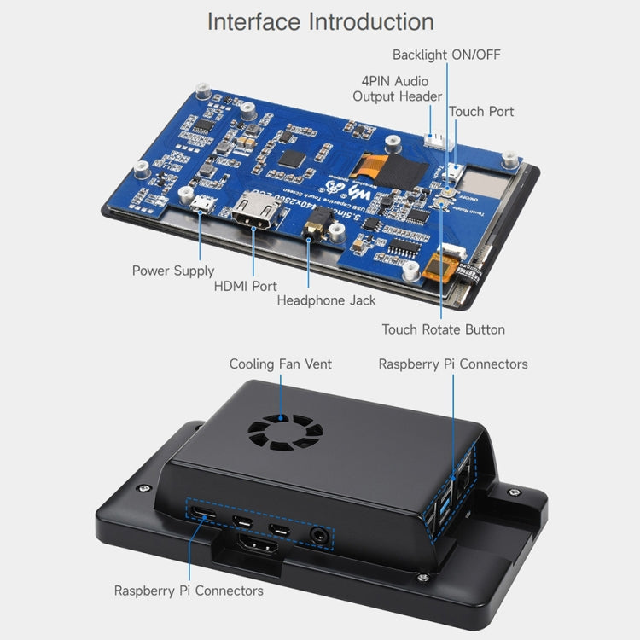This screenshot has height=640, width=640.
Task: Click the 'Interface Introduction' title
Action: point(320,21)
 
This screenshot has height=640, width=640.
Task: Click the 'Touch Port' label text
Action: point(481,111)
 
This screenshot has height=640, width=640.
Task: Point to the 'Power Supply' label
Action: point(173,271)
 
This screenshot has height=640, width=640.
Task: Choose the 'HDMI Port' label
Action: point(245,286)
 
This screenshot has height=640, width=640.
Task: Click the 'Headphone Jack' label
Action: point(326,300)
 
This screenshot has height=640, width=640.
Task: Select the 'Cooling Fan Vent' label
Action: point(280,364)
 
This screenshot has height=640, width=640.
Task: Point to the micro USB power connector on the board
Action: point(201,205)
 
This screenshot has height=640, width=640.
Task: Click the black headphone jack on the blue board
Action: point(317,224)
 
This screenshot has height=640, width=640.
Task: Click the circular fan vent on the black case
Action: point(281,435)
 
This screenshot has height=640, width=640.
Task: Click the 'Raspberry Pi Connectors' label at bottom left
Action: point(189,591)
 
